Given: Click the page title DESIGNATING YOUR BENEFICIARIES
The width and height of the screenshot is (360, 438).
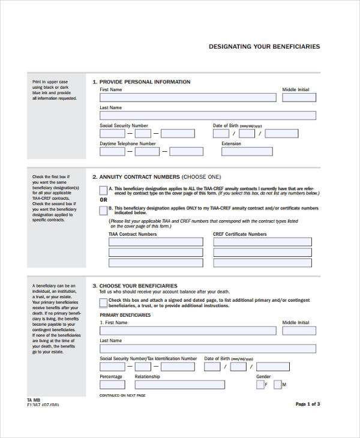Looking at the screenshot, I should tap(264, 46).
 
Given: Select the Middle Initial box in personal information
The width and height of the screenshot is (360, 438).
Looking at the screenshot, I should tap(298, 97).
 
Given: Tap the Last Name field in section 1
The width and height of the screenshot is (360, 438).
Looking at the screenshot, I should tap(208, 115).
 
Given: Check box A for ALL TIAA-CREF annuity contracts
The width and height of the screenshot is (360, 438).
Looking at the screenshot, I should tap(103, 190).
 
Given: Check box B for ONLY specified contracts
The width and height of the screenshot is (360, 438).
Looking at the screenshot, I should tap(103, 210).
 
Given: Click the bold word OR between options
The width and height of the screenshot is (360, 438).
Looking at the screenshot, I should tap(103, 200).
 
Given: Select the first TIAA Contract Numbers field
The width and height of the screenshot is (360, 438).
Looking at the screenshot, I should tap(155, 242).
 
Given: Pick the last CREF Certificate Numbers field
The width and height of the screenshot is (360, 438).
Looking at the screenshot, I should tap(262, 262).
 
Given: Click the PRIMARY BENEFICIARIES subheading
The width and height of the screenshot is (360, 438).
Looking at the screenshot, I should tap(125, 315).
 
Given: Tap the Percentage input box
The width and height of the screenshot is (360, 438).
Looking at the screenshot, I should tap(112, 385).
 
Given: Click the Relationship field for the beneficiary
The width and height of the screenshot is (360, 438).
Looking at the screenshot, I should tap(179, 385).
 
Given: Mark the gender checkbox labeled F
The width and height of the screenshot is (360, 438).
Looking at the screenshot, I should tap(260, 385).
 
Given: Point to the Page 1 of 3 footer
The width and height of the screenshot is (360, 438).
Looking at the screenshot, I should tap(308, 404).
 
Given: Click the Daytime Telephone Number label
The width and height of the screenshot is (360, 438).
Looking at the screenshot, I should tap(127, 143).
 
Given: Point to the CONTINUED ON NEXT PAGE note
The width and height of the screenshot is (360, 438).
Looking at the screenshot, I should tap(122, 395).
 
